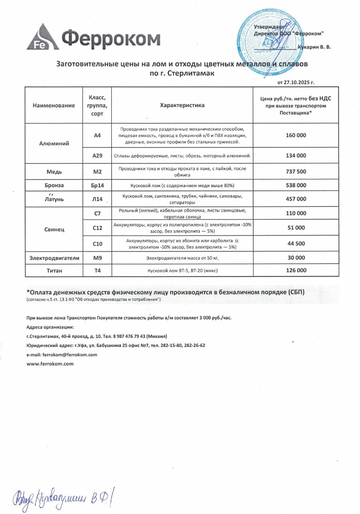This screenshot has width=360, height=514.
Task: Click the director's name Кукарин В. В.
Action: pos(314,47)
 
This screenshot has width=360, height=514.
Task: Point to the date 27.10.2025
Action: pos(299,82)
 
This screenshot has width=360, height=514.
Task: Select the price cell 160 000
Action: pos(296,136)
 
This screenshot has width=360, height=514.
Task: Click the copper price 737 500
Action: pos(296,171)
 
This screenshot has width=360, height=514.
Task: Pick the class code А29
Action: pos(97,156)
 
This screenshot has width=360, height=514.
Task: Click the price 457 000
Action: pos(296,199)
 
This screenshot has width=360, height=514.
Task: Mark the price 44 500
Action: pos(296,243)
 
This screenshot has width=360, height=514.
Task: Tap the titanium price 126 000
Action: pos(296,270)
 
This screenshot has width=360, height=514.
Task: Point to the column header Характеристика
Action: pos(182,105)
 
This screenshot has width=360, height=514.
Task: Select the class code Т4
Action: pos(97,270)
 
